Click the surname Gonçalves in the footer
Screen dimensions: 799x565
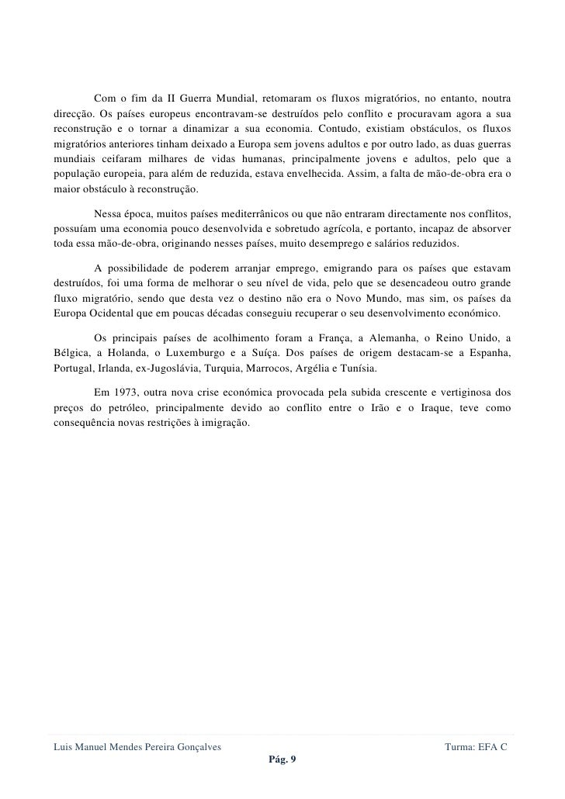point(196,746)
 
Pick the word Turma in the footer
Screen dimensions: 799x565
point(459,746)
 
